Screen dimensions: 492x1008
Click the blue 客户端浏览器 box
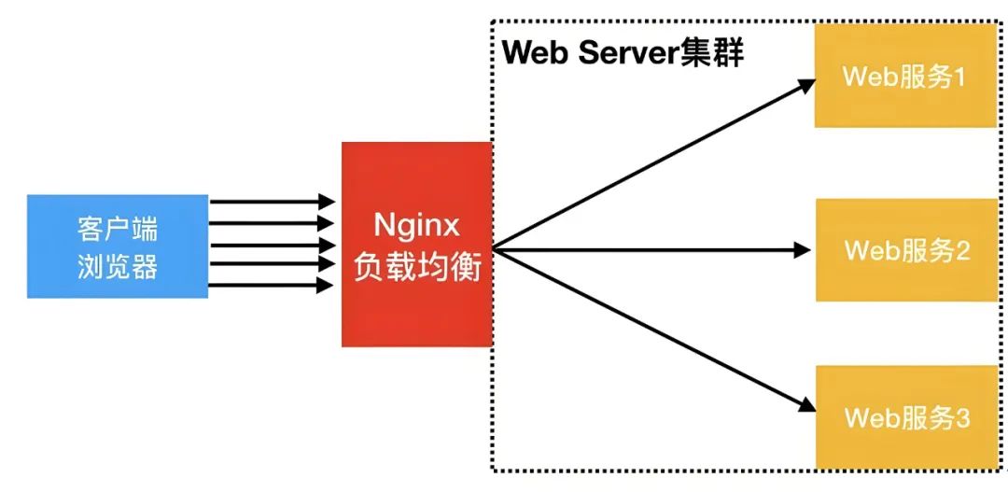point(118,246)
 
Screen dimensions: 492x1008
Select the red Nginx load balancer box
point(416,245)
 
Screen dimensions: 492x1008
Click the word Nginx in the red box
point(416,227)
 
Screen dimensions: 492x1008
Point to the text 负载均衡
point(416,268)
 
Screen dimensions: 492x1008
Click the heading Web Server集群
point(623,53)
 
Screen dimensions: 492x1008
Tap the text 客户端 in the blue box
point(118,229)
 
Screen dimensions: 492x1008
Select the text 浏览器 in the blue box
point(118,268)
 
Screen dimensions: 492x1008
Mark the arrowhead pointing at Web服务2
point(802,249)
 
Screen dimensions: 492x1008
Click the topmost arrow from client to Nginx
point(271,202)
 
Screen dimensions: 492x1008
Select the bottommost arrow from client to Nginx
point(271,286)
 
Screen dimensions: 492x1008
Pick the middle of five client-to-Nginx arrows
point(271,244)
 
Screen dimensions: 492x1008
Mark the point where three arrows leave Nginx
point(495,248)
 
